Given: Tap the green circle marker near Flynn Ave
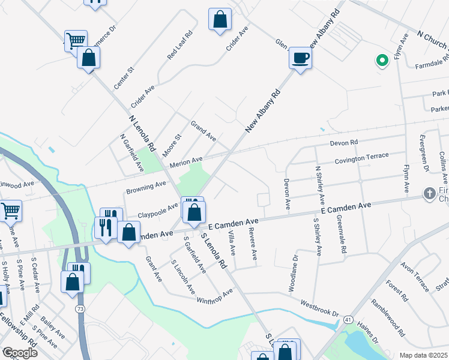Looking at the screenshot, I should [381, 60].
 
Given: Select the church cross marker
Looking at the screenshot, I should [429, 193].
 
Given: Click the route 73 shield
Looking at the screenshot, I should [79, 308].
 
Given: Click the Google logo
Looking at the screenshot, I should [20, 352].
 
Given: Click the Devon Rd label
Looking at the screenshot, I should [344, 143].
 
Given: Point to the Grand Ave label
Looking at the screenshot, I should [203, 131].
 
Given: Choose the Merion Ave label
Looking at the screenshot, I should [187, 163].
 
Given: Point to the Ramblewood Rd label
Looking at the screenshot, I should [390, 317].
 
